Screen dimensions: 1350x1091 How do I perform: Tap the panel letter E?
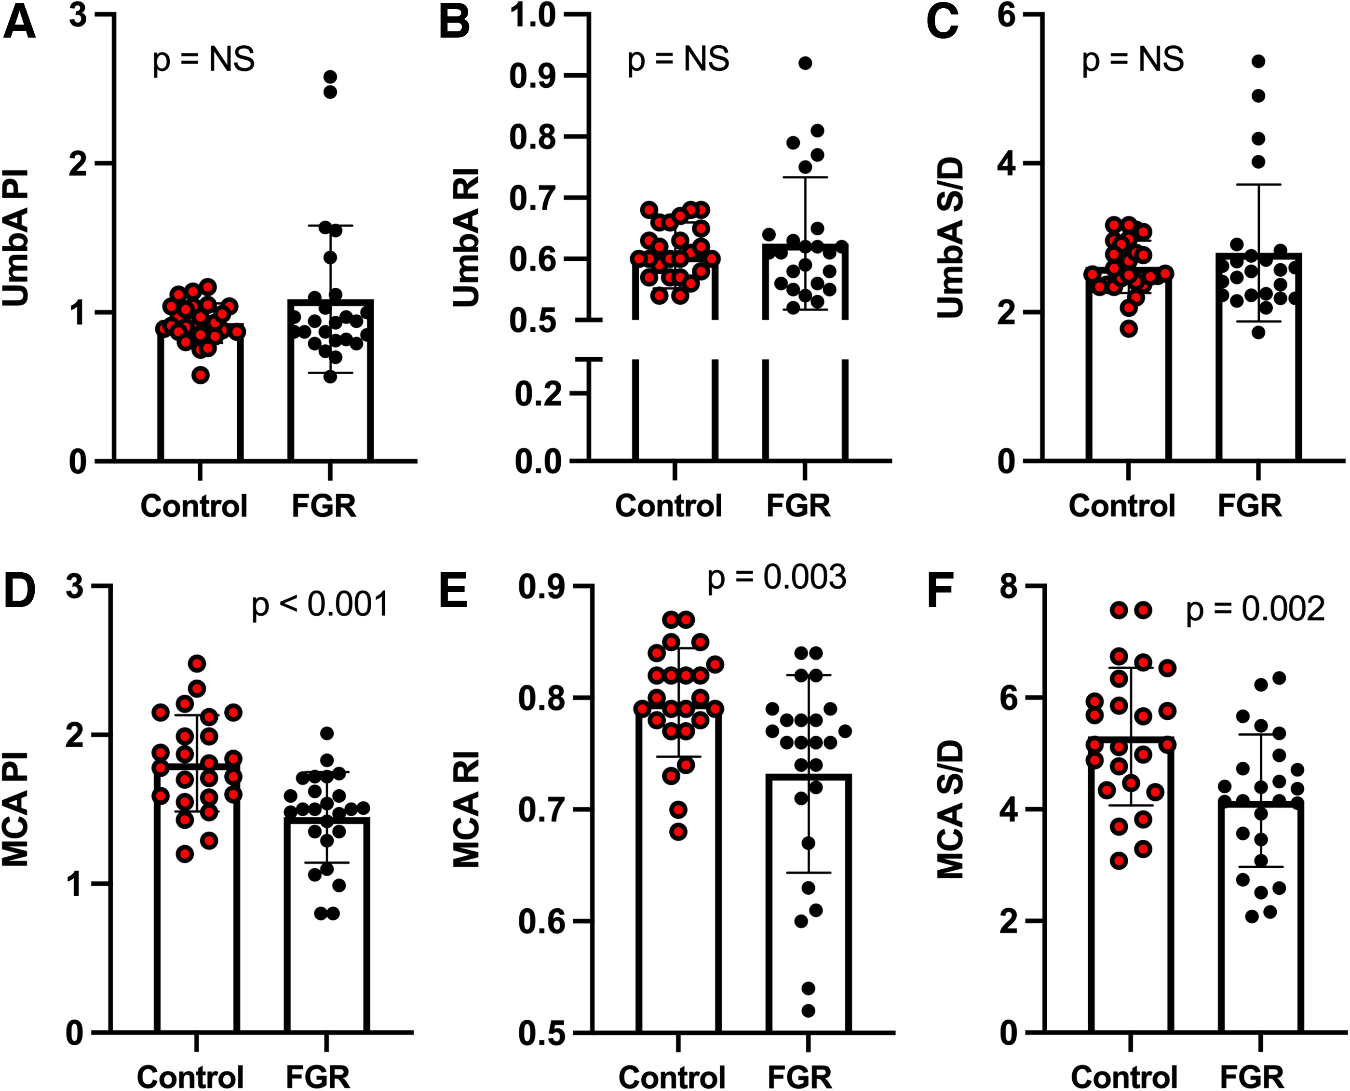(454, 592)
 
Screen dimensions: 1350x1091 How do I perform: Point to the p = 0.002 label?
(1255, 609)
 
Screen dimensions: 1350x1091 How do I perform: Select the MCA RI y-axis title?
(466, 810)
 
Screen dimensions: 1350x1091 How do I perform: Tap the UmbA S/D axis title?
(950, 238)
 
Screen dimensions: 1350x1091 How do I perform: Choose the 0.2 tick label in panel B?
(539, 394)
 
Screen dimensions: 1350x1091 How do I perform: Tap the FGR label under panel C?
(1249, 506)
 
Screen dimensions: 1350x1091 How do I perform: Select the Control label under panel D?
(190, 1077)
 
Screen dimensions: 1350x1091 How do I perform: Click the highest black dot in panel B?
(805, 63)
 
